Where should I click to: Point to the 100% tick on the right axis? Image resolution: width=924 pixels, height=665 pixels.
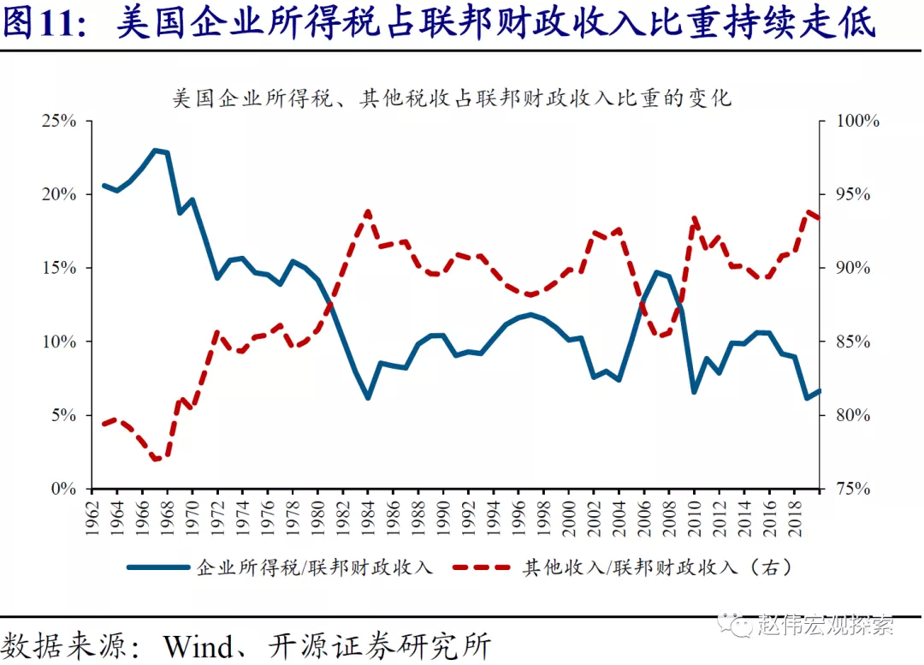click(x=850, y=121)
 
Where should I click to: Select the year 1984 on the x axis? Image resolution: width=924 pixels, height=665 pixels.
click(x=368, y=514)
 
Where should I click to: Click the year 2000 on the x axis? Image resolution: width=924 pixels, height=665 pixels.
click(x=566, y=514)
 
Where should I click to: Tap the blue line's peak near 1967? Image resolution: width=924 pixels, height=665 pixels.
click(x=155, y=150)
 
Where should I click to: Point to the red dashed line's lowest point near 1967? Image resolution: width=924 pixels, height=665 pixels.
click(x=156, y=460)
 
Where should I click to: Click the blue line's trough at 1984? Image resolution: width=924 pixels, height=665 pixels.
click(x=368, y=398)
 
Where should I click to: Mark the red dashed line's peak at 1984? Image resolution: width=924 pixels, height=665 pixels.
click(x=368, y=211)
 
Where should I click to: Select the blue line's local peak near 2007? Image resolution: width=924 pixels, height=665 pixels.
click(x=656, y=272)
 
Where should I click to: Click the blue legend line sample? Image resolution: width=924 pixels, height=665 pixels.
click(x=159, y=567)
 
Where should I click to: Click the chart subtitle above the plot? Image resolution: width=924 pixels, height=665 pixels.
click(x=453, y=98)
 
